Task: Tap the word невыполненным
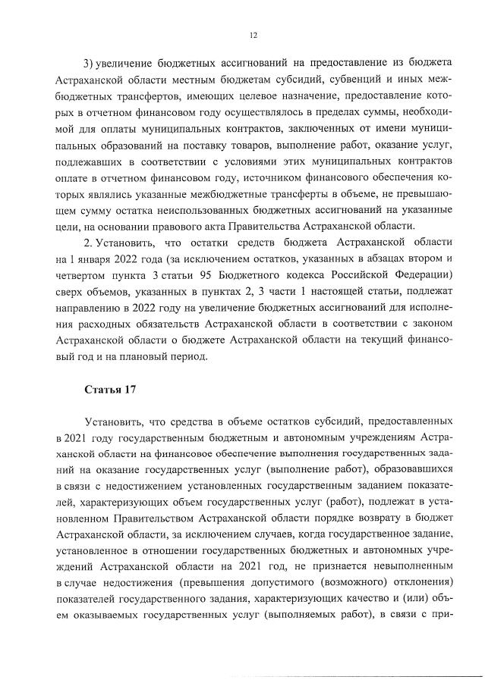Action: click(408, 567)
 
